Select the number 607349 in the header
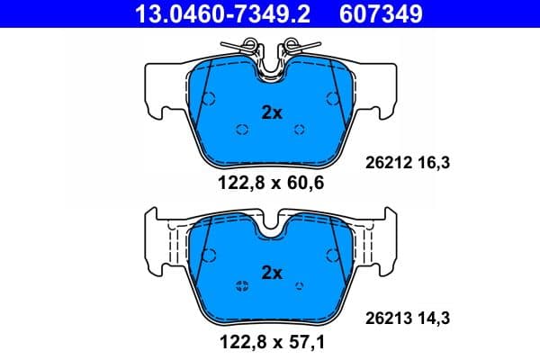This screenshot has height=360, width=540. pos(380,14)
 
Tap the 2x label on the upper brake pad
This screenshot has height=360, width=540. pos(271,113)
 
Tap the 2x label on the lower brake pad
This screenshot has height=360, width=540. pos(271,272)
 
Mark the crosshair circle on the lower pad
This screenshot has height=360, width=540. pos(241,287)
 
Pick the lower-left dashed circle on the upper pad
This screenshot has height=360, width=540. pos(241,130)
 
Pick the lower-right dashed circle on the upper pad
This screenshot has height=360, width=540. pos(301,130)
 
